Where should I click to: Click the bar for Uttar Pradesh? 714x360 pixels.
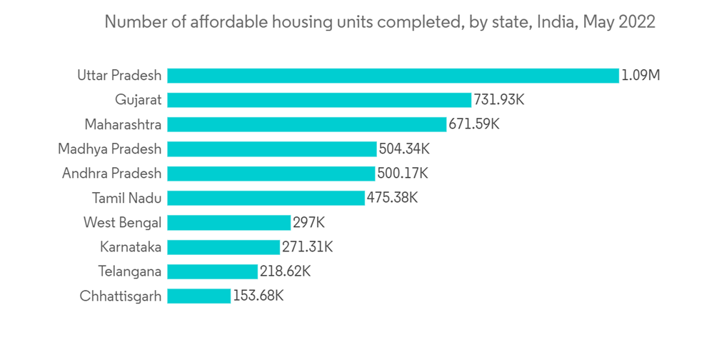click(393, 76)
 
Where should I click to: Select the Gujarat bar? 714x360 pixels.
click(319, 100)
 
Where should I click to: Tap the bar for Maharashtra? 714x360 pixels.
click(306, 124)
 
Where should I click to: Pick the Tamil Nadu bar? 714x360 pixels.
click(266, 198)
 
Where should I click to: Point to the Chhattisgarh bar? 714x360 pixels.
click(199, 296)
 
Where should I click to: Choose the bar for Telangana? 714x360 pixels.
click(212, 271)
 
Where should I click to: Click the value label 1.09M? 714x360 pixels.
click(640, 76)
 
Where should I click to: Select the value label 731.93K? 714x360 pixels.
click(499, 100)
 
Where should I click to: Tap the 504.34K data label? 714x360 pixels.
click(404, 149)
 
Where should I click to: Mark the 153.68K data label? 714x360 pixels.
click(258, 296)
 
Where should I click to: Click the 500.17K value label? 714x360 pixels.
click(403, 174)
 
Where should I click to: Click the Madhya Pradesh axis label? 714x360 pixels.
click(110, 149)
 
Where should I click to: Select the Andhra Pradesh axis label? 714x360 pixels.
click(111, 174)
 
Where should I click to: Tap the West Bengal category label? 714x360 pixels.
click(122, 223)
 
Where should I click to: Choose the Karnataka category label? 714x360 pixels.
click(131, 247)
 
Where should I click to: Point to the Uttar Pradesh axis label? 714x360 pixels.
click(119, 76)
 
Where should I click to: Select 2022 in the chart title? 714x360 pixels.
click(637, 22)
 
